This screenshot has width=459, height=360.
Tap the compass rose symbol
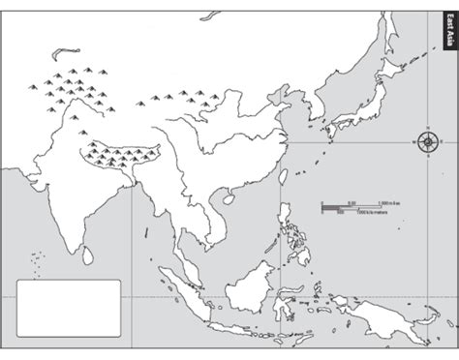tap(427, 142)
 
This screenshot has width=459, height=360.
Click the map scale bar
tap(339, 207)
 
